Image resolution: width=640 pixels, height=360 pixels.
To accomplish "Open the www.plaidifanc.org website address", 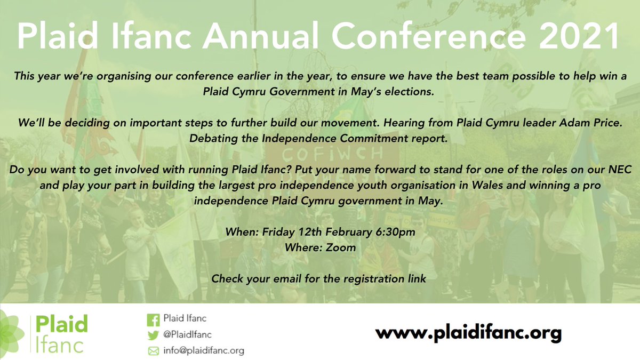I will coord(468,334).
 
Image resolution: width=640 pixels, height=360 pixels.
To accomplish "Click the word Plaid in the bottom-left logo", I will coord(61,324).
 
